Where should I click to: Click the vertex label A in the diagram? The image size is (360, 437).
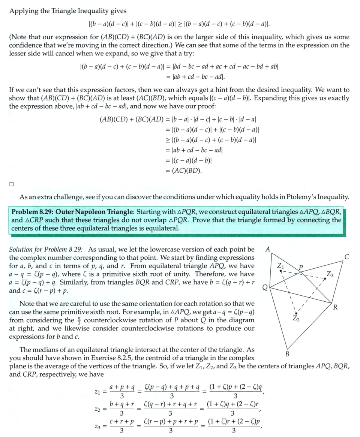[267, 249]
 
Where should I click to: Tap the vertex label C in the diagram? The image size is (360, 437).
[346, 257]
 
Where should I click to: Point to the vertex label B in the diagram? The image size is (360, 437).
[287, 354]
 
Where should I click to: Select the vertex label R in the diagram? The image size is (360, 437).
[335, 308]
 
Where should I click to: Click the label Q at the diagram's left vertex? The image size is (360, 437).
[265, 288]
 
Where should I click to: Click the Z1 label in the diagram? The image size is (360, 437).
[280, 266]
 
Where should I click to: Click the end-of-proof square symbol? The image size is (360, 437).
[12, 184]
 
